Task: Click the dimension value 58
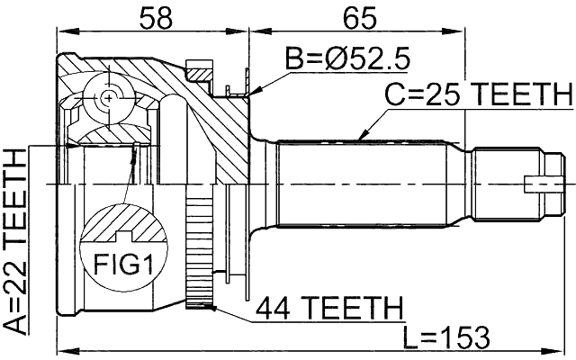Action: click(x=153, y=17)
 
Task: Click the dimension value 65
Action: click(x=358, y=17)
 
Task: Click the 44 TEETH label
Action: click(x=328, y=309)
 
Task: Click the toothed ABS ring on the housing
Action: click(x=197, y=252)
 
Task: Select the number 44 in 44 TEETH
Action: click(x=274, y=309)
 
